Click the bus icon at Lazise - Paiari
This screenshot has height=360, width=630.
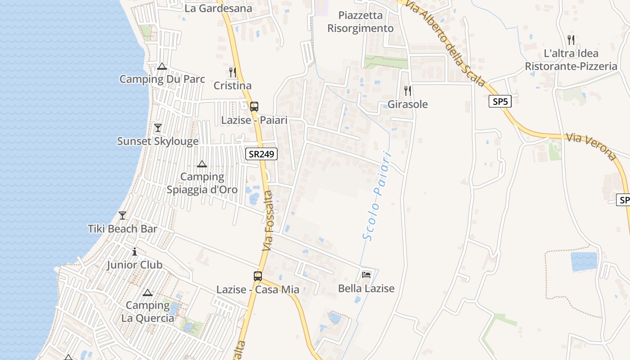point(254,107)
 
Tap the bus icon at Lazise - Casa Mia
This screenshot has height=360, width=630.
point(257,276)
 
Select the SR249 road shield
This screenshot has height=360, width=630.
point(261,154)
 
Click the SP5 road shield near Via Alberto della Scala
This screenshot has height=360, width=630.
point(500,101)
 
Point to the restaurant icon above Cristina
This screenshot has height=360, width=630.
point(232,72)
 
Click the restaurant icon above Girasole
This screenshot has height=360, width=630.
point(408,91)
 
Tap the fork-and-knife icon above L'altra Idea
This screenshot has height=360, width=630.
point(571,40)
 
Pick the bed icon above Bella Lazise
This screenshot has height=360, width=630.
point(366,274)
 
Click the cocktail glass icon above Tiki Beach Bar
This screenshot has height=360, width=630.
point(122,215)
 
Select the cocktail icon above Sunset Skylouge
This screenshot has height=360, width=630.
point(157,128)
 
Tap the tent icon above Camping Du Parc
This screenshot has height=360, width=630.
point(162,67)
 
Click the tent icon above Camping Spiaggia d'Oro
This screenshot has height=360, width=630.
point(202,164)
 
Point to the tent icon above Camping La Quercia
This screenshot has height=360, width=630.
point(147,293)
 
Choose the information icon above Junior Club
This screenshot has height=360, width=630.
point(134,252)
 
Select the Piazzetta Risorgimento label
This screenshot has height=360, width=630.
point(360,22)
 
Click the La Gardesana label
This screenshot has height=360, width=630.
point(218,8)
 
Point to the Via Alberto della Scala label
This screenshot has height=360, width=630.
point(445,43)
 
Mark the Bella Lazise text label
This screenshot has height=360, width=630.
point(366,288)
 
